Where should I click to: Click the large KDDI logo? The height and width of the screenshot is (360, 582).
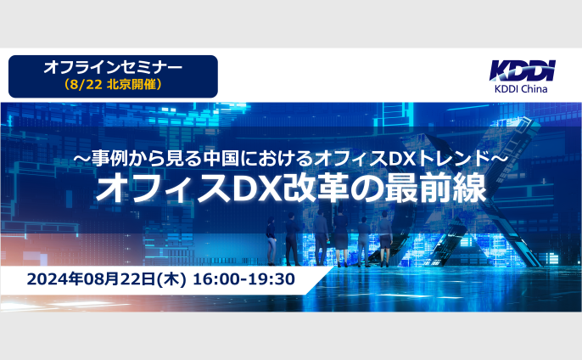523,70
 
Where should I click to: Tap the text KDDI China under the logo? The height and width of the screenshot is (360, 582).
521,89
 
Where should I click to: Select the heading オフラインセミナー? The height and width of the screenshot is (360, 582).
113,68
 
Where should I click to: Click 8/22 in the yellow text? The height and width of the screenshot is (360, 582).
86,85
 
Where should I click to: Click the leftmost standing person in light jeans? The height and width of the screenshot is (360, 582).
271,241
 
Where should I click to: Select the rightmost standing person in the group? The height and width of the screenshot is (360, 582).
385,239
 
